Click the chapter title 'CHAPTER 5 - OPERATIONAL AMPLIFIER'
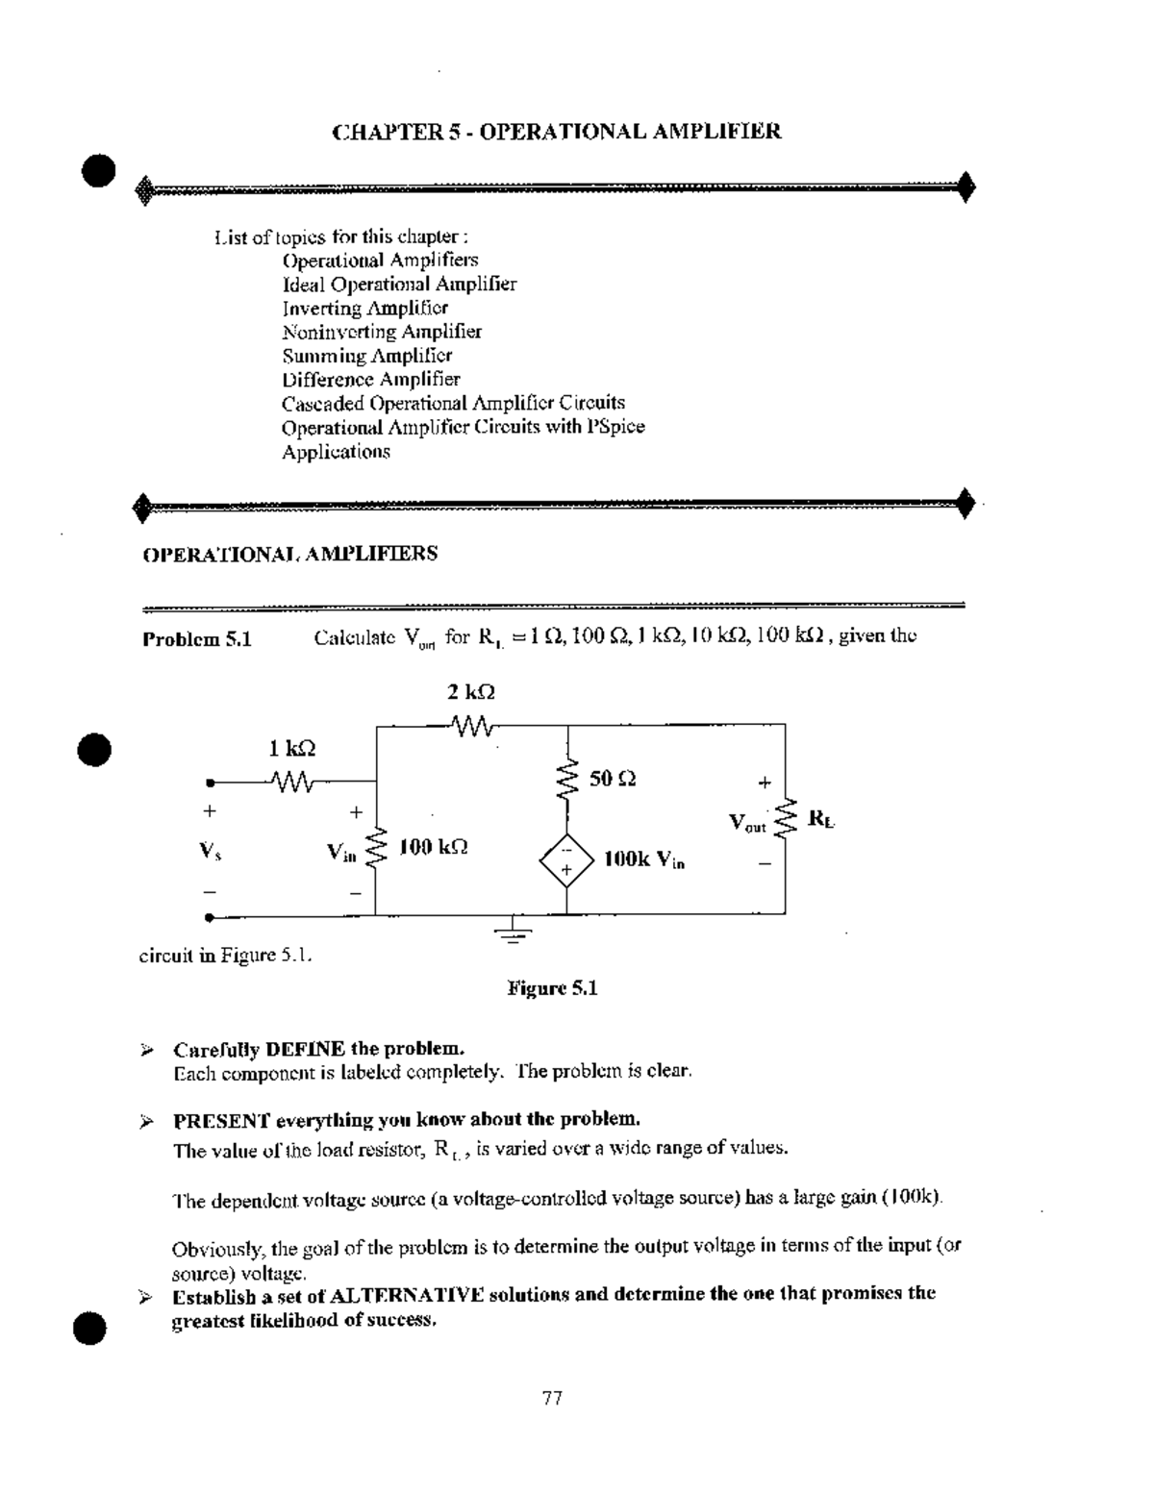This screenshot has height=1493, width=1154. [x=557, y=132]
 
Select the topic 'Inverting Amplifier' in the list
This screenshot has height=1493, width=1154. [x=364, y=308]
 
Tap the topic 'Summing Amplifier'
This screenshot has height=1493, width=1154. [x=366, y=356]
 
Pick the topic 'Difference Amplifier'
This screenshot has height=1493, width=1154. [x=370, y=379]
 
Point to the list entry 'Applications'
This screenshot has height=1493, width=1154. [x=336, y=451]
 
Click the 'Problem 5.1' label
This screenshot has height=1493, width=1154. [x=197, y=639]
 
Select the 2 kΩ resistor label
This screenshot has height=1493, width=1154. [x=471, y=692]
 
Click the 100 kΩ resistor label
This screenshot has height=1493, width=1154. [x=434, y=847]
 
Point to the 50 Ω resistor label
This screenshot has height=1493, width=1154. [x=613, y=778]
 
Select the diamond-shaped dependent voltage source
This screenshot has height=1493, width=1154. [x=566, y=859]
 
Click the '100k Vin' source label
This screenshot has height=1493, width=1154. [x=644, y=859]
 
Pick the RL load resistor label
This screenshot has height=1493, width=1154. [x=821, y=819]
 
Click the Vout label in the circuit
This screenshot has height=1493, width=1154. [x=747, y=823]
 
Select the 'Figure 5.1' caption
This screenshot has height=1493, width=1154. [x=553, y=988]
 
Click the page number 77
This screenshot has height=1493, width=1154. [x=552, y=1398]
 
